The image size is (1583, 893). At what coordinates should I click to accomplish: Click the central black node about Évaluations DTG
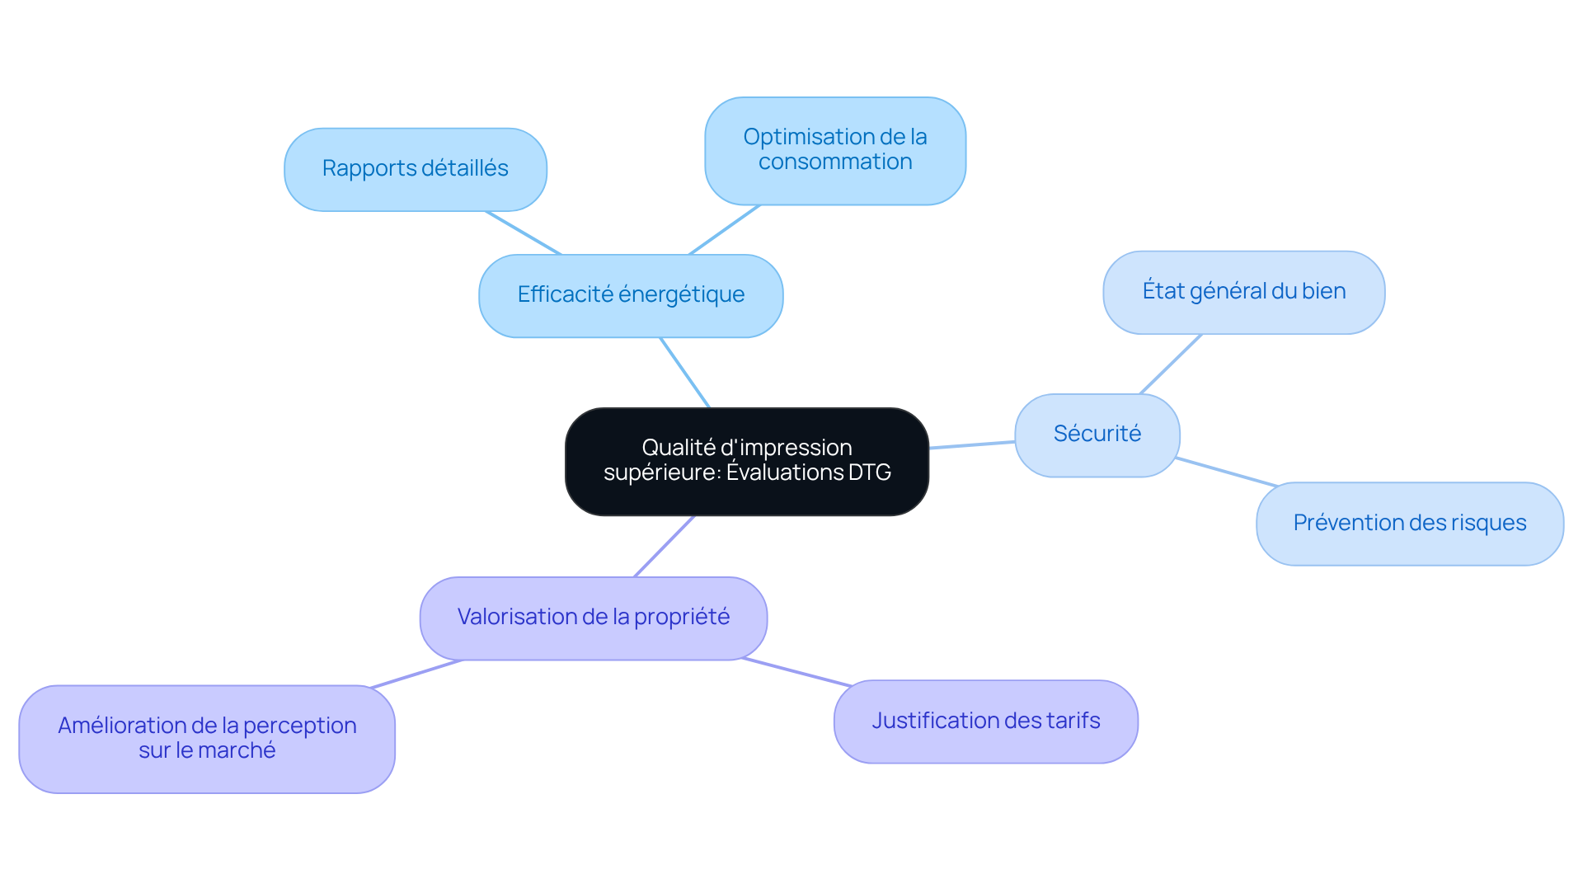[x=746, y=461]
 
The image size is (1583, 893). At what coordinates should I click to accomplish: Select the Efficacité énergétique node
[x=631, y=295]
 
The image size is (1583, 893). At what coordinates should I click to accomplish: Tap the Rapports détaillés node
[x=415, y=169]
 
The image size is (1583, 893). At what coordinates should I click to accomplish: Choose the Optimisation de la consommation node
[x=834, y=150]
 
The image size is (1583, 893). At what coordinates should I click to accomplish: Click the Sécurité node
[x=1097, y=435]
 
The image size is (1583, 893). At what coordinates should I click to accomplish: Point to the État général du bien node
[x=1243, y=292]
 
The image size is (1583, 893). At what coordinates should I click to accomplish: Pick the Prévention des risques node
[x=1409, y=524]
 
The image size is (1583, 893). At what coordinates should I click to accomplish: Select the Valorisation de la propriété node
[x=593, y=618]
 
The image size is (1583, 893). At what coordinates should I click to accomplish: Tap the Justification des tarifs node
[x=985, y=721]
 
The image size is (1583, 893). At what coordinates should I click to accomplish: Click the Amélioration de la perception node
[x=207, y=738]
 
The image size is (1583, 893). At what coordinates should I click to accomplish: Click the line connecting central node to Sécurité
[x=972, y=444]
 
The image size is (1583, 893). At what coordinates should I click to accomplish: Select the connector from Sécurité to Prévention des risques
[x=1226, y=472]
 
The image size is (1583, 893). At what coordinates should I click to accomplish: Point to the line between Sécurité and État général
[x=1171, y=364]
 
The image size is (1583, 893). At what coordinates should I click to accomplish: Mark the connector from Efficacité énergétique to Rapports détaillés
[x=524, y=233]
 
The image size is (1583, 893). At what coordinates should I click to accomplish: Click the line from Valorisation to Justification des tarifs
[x=796, y=672]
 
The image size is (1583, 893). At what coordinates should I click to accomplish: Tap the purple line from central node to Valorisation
[x=665, y=546]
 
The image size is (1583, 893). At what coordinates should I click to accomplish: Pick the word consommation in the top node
[x=834, y=162]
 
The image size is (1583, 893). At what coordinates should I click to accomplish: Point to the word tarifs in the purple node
[x=1073, y=721]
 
